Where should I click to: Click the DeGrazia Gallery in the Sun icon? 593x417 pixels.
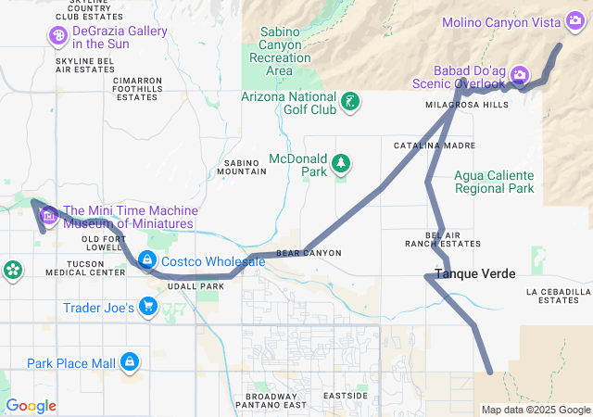tap(58, 35)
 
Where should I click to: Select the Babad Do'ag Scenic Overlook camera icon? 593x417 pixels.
tap(520, 74)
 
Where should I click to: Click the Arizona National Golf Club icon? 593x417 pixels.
tap(350, 102)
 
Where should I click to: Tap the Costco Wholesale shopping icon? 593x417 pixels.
tap(147, 261)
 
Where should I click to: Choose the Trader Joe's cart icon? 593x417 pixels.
tap(147, 307)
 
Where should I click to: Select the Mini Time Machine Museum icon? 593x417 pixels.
tap(49, 217)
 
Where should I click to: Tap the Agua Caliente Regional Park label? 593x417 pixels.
tap(494, 182)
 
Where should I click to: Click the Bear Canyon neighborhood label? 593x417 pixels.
tap(309, 253)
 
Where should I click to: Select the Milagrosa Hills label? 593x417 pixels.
tap(466, 105)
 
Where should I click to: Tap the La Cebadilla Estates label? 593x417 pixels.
tap(558, 296)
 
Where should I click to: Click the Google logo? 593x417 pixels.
tap(31, 406)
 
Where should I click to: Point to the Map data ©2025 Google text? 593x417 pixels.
tap(535, 410)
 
